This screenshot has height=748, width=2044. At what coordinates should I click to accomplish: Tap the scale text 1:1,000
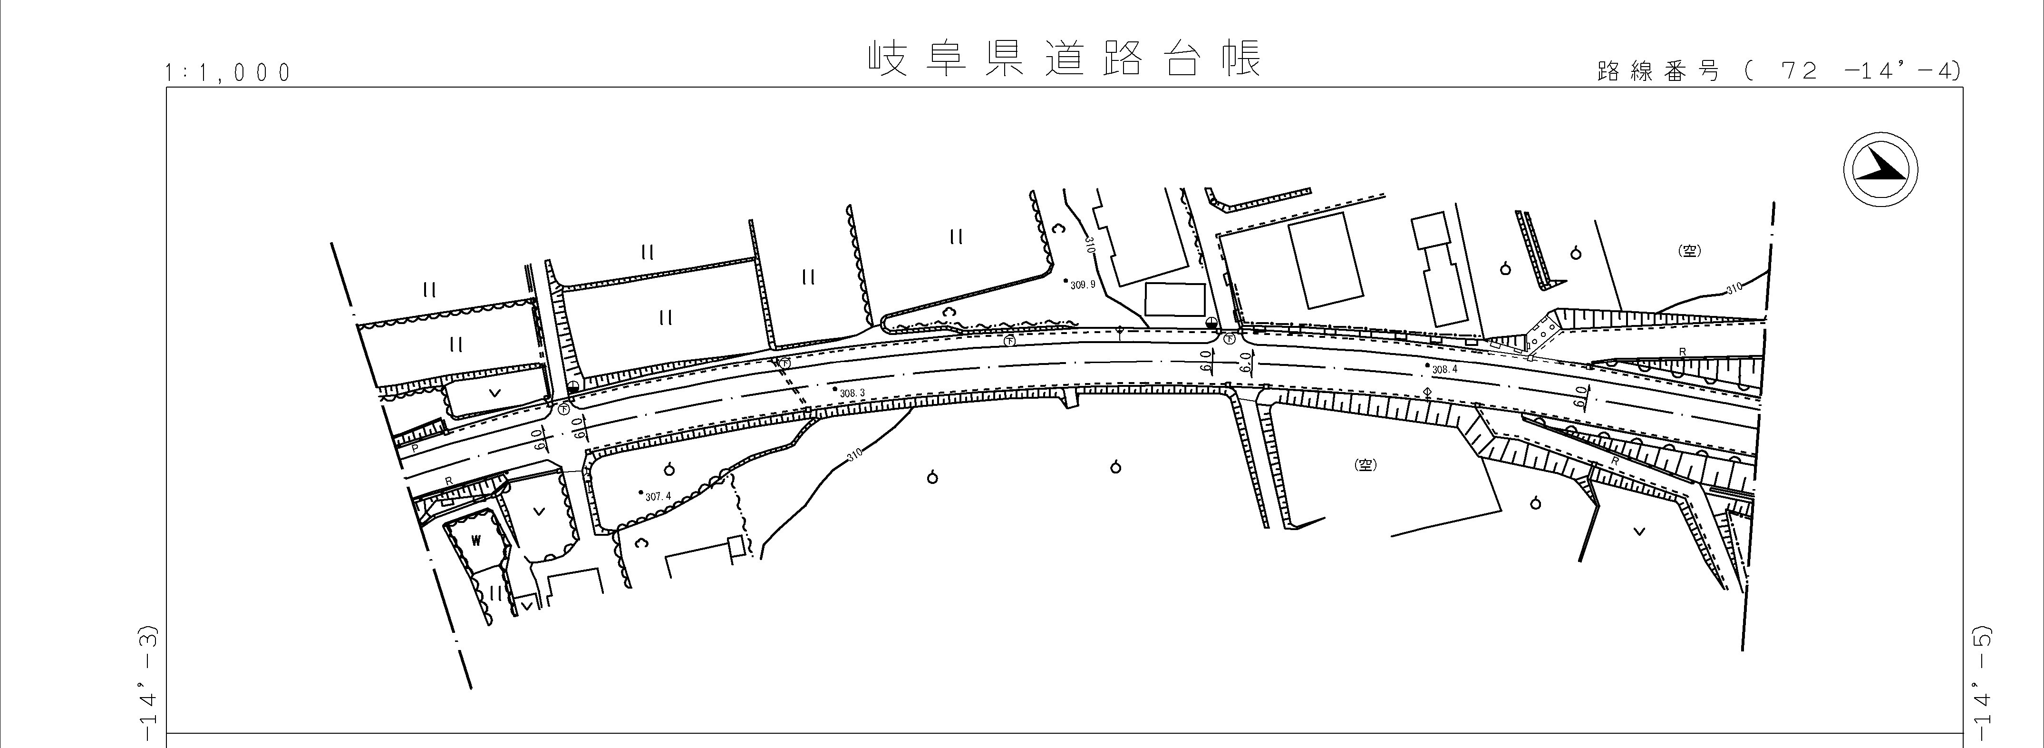click(x=228, y=73)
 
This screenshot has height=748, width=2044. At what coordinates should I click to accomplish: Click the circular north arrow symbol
click(x=1880, y=170)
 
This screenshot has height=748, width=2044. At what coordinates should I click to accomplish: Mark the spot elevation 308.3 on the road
click(x=851, y=392)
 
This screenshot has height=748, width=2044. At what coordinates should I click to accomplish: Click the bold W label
click(x=476, y=541)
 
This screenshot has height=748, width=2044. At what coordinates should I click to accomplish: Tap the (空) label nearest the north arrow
click(x=1689, y=251)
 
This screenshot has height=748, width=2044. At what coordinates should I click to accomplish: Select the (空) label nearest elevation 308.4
click(x=1364, y=465)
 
